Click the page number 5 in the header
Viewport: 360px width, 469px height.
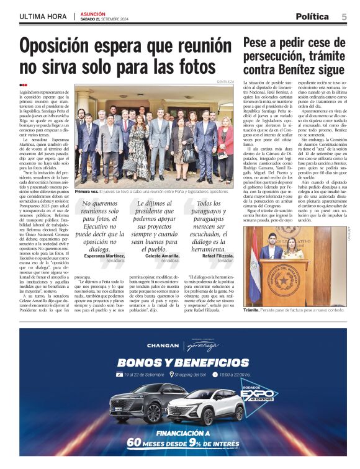344,17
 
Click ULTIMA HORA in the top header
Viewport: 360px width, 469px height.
43,16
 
